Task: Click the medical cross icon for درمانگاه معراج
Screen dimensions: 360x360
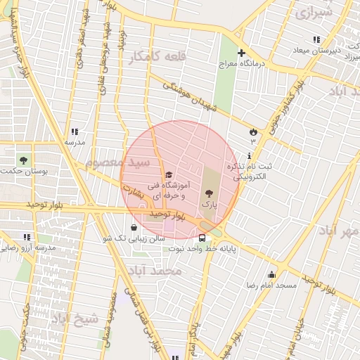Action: pos(241,53)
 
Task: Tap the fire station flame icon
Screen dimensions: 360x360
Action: pos(253,131)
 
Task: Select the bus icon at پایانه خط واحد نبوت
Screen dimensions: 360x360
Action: pos(202,238)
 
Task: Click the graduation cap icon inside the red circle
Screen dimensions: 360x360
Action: pos(168,175)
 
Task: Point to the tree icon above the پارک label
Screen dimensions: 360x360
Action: pos(208,193)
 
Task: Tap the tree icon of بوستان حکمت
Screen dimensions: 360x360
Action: pos(24,160)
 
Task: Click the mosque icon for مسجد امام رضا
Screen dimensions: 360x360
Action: pos(272,274)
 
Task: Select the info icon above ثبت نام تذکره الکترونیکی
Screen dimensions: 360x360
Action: pos(249,156)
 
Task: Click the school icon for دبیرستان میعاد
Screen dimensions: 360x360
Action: pos(316,39)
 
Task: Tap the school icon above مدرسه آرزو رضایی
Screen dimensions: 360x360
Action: pos(27,238)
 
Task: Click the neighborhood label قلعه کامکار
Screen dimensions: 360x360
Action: pos(155,56)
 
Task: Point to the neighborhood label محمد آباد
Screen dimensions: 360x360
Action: pos(155,271)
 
